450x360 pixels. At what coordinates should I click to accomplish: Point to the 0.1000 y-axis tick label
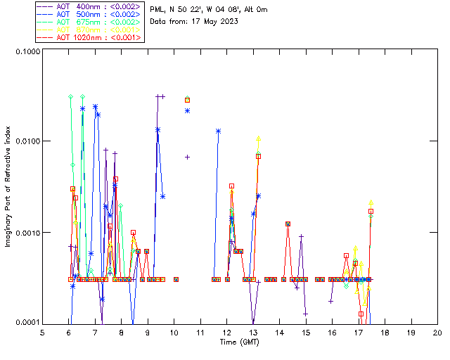pos(26,53)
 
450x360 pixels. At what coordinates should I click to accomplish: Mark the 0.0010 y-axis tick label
pos(26,233)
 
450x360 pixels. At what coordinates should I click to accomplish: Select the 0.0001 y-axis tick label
pos(26,323)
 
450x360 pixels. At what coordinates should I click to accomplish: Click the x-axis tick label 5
pos(42,333)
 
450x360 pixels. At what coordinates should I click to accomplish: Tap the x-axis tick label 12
pos(227,333)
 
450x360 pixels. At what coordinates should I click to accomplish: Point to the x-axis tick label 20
pos(437,333)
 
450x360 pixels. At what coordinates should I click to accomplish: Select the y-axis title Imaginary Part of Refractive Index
pos(9,187)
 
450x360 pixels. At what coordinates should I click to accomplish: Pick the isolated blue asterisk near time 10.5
pos(187,110)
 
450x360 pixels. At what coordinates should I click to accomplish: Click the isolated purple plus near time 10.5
pos(187,157)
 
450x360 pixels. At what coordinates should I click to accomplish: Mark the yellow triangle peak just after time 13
pos(259,139)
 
